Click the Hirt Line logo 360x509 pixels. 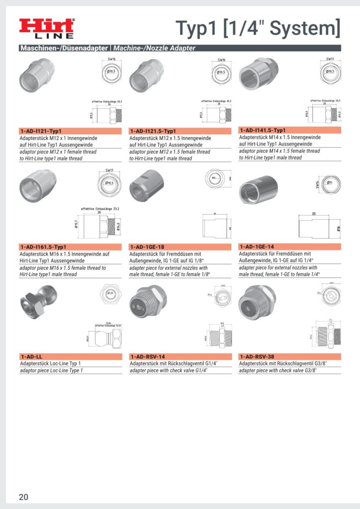(x=47, y=28)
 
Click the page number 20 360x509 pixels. (x=24, y=497)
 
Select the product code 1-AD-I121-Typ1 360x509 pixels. (x=41, y=131)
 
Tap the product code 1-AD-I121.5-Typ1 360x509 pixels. (x=154, y=131)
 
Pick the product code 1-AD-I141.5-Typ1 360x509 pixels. (x=263, y=130)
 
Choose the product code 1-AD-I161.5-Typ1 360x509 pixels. (x=43, y=247)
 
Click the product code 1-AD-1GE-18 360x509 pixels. (x=148, y=247)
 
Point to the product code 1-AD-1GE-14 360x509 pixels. (x=257, y=247)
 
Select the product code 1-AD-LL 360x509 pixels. (x=31, y=356)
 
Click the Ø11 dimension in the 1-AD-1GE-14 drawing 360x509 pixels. (x=330, y=183)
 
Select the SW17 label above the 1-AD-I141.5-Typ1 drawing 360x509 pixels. (x=330, y=59)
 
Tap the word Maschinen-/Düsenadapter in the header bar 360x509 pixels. (x=64, y=48)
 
